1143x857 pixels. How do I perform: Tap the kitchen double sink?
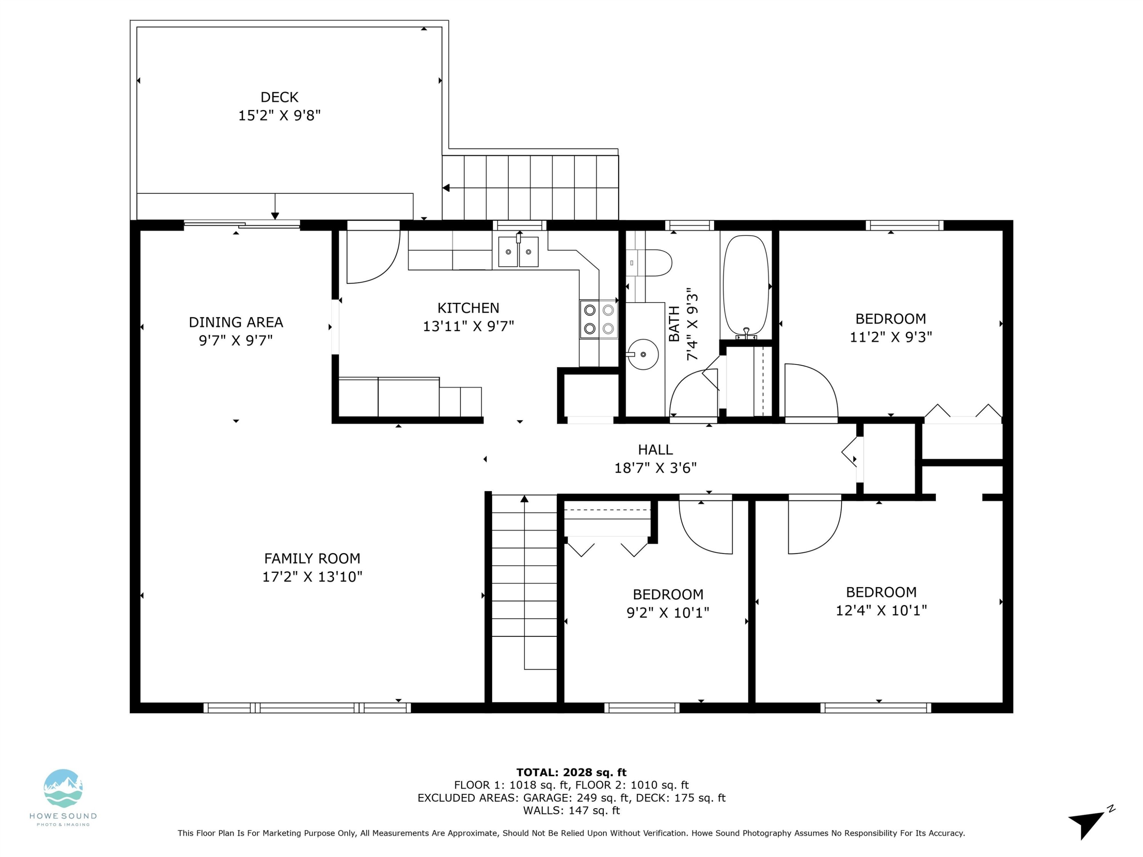click(x=518, y=252)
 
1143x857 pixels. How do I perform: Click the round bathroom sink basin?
click(x=644, y=354)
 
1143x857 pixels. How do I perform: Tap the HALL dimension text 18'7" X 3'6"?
click(x=655, y=468)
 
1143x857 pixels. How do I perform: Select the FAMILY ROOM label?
click(x=312, y=558)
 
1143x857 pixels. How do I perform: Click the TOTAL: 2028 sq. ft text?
click(x=571, y=772)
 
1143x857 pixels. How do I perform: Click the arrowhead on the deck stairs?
click(x=446, y=188)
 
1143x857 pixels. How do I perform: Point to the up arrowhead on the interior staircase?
click(x=525, y=499)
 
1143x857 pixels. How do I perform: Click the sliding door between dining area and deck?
click(x=242, y=224)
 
